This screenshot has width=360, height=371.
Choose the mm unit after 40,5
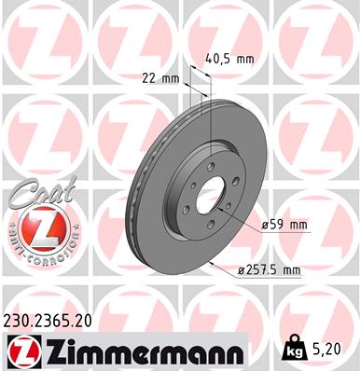(243, 58)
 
